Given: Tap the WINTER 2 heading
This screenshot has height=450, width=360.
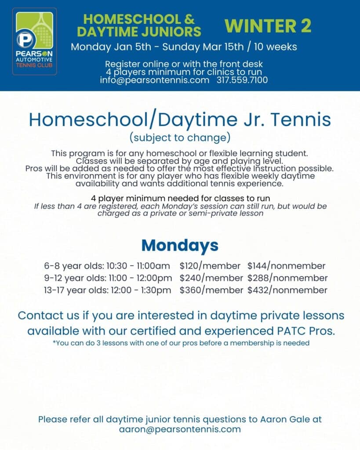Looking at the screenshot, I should pyautogui.click(x=268, y=26).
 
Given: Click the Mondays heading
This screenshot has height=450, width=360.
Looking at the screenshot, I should pyautogui.click(x=180, y=245).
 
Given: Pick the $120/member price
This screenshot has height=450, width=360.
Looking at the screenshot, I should pyautogui.click(x=210, y=266).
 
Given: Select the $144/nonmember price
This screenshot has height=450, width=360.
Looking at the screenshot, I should pyautogui.click(x=286, y=266).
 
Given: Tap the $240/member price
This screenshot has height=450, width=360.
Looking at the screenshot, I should pyautogui.click(x=211, y=278).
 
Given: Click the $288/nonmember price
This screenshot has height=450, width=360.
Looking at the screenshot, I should pyautogui.click(x=287, y=278).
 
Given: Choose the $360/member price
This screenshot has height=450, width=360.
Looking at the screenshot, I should pyautogui.click(x=211, y=290).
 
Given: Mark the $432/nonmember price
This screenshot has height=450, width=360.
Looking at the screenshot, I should pyautogui.click(x=287, y=290).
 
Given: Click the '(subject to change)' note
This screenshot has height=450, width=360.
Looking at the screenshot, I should pyautogui.click(x=180, y=138).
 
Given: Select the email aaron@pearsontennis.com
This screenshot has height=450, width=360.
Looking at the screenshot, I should pyautogui.click(x=180, y=429).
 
